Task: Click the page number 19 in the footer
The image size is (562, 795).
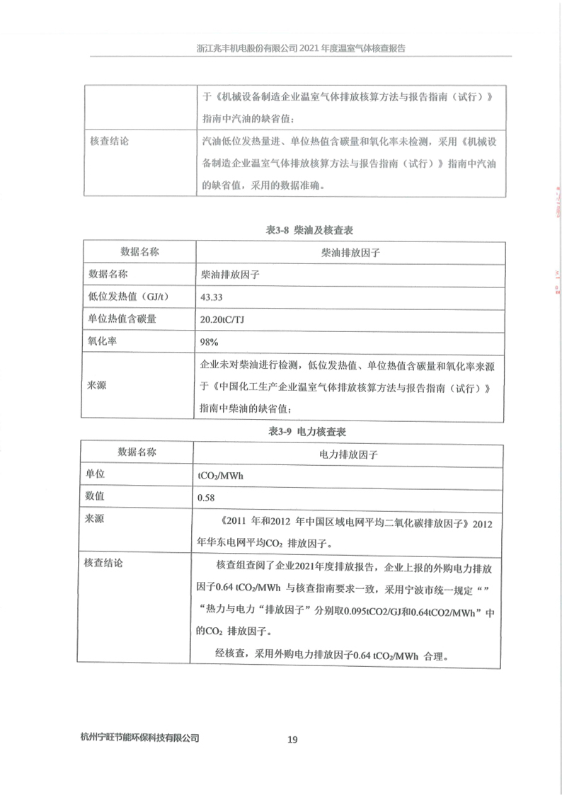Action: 292,740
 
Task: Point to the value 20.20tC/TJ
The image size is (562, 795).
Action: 224,319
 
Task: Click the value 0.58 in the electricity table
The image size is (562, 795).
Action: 207,498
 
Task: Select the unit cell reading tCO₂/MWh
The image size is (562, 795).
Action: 222,476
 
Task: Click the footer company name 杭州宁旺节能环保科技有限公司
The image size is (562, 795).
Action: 140,738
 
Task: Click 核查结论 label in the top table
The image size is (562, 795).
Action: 109,141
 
